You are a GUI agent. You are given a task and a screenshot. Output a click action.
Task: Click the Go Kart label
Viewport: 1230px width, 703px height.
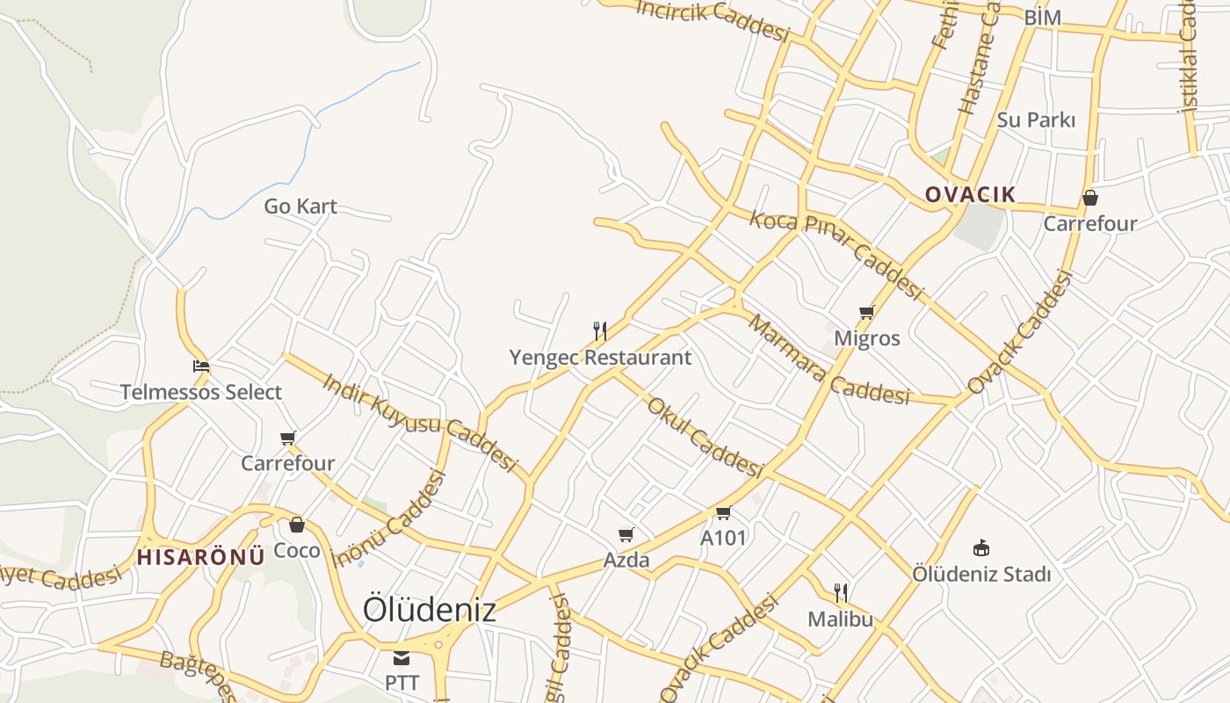[x=300, y=207]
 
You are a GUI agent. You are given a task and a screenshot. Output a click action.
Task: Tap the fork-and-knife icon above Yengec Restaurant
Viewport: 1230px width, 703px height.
[x=600, y=331]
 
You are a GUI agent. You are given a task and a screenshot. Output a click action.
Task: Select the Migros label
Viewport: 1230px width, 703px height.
[x=866, y=338]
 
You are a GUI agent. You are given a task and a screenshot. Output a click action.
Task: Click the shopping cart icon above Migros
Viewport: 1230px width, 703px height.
[x=866, y=312]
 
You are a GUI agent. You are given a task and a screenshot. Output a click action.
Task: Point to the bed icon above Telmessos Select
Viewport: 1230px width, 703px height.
[x=201, y=366]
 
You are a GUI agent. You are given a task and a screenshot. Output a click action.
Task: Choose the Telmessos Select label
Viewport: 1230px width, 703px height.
[x=201, y=392]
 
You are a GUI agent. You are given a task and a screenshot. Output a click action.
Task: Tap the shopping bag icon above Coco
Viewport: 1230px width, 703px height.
[x=297, y=525]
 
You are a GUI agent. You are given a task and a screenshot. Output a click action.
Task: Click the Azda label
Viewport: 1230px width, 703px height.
[x=626, y=560]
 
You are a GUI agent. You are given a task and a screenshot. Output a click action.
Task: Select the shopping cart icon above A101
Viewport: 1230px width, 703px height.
[x=723, y=512]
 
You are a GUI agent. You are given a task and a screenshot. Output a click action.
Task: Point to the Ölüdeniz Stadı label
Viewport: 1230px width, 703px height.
[x=981, y=575]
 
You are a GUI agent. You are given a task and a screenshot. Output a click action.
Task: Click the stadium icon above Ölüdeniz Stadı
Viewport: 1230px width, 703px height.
[x=981, y=548]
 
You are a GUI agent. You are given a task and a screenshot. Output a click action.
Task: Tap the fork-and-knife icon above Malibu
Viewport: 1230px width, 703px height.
[x=841, y=593]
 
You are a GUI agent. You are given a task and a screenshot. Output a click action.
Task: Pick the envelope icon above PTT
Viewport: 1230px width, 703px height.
[x=402, y=657]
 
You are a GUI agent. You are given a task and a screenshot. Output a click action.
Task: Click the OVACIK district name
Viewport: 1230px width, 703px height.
[x=970, y=194]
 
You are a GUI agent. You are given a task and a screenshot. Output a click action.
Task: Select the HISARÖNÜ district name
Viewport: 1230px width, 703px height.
[x=200, y=556]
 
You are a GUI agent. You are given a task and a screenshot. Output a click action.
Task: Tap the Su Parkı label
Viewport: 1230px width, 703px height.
[x=1036, y=120]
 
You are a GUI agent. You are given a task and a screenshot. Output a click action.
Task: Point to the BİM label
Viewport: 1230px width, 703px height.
[x=1042, y=18]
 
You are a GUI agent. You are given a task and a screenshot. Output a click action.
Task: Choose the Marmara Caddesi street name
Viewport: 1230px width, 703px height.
[x=828, y=360]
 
